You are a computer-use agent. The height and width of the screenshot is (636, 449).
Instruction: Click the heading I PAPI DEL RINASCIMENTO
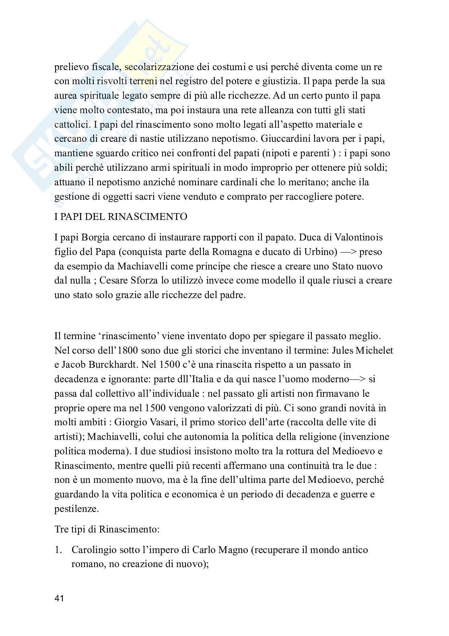pos(121,217)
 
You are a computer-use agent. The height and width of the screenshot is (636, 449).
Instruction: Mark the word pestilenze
pos(76,509)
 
